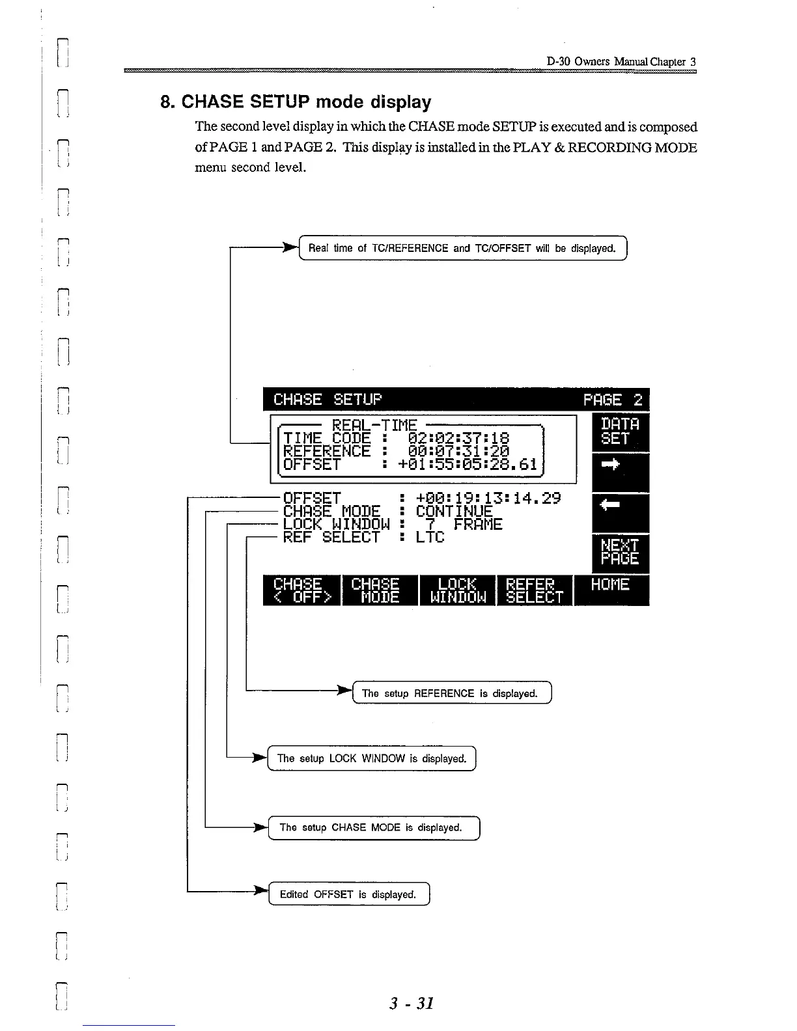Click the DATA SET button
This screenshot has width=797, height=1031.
point(620,432)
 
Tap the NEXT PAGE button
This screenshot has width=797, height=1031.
point(620,552)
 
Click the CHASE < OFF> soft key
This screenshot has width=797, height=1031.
point(301,590)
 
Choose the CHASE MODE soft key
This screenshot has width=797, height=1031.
point(379,590)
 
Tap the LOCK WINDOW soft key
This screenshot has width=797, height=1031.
point(457,590)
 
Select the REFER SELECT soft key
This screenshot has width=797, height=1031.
point(534,590)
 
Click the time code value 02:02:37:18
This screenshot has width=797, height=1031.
point(458,438)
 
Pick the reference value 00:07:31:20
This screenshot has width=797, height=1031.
point(458,451)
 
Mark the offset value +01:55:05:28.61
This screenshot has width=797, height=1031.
point(468,464)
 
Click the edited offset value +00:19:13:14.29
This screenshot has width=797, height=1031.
point(488,499)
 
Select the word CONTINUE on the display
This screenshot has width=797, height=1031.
point(454,512)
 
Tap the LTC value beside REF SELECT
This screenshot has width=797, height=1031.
point(430,538)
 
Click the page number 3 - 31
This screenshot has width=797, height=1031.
point(412,1003)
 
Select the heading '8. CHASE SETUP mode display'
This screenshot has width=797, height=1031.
point(296,102)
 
